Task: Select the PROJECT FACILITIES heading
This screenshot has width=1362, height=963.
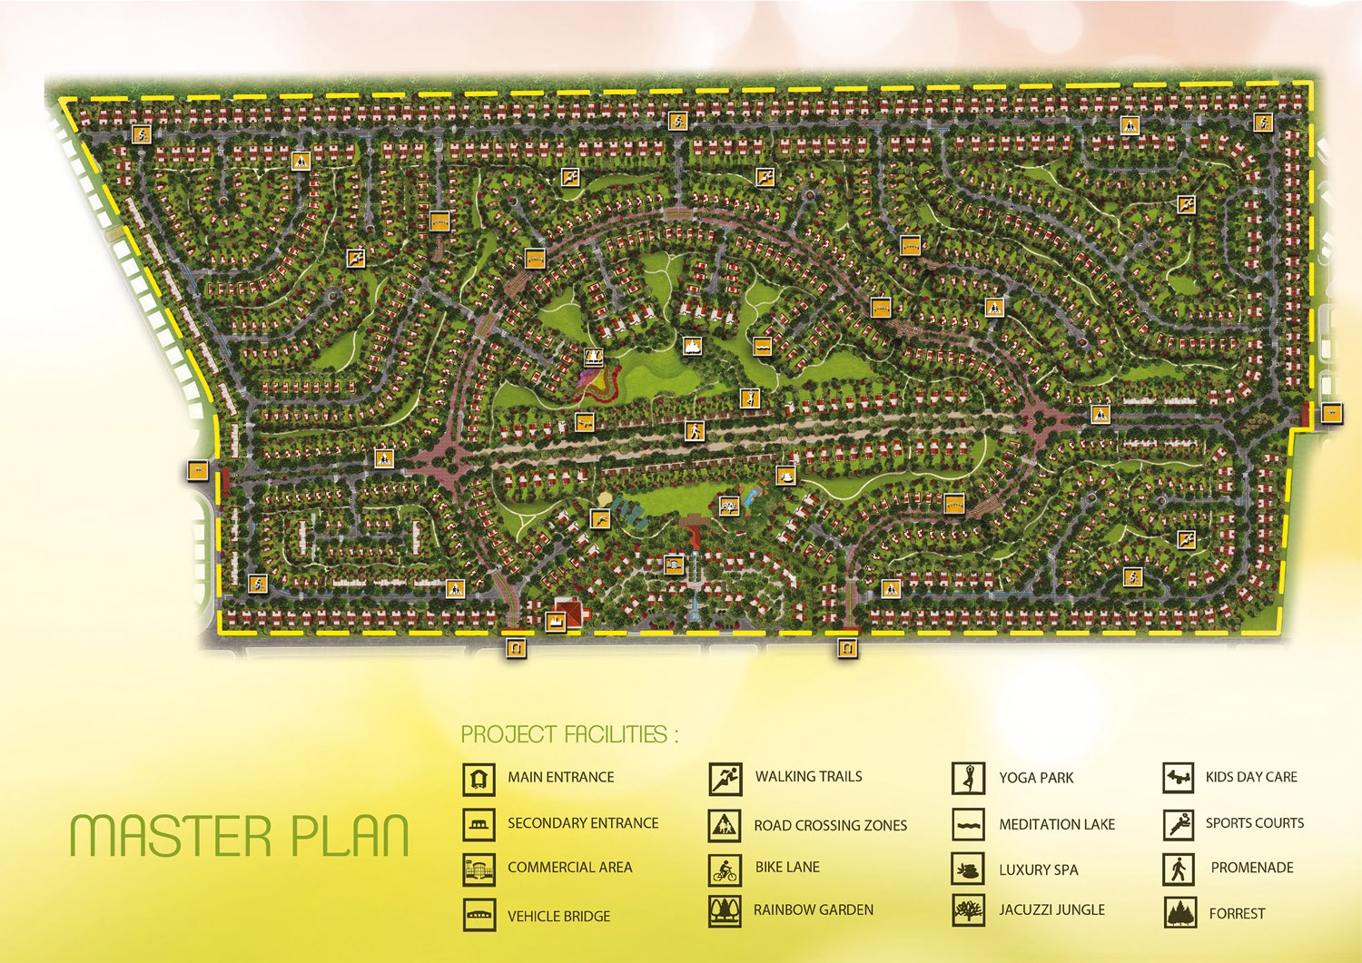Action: pyautogui.click(x=568, y=734)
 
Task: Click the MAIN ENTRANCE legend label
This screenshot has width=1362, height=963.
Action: pyautogui.click(x=560, y=777)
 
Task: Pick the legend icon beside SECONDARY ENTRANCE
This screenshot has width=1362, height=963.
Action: pyautogui.click(x=479, y=824)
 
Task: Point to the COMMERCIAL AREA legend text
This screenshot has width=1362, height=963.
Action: pyautogui.click(x=569, y=868)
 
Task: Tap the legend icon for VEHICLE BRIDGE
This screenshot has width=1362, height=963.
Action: pyautogui.click(x=479, y=915)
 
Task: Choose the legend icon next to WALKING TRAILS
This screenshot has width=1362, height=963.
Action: pyautogui.click(x=725, y=778)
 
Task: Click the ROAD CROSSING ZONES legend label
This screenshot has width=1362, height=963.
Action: pyautogui.click(x=830, y=825)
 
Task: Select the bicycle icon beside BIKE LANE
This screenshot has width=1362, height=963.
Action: pyautogui.click(x=725, y=870)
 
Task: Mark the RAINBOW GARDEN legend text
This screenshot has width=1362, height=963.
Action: pyautogui.click(x=813, y=909)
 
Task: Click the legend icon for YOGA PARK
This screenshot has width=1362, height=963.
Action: pyautogui.click(x=968, y=778)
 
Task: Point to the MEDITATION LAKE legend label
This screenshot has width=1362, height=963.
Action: pyautogui.click(x=1057, y=824)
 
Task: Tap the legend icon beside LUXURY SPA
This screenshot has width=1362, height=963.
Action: pyautogui.click(x=968, y=870)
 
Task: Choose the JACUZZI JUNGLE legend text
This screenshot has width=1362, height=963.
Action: pyautogui.click(x=1051, y=909)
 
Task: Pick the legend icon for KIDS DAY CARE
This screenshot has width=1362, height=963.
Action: pyautogui.click(x=1178, y=778)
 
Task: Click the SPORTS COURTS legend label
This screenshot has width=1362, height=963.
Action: pyautogui.click(x=1254, y=823)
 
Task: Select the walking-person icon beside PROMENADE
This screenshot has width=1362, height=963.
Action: pyautogui.click(x=1178, y=869)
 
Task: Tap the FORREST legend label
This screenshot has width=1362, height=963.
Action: pyautogui.click(x=1237, y=913)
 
